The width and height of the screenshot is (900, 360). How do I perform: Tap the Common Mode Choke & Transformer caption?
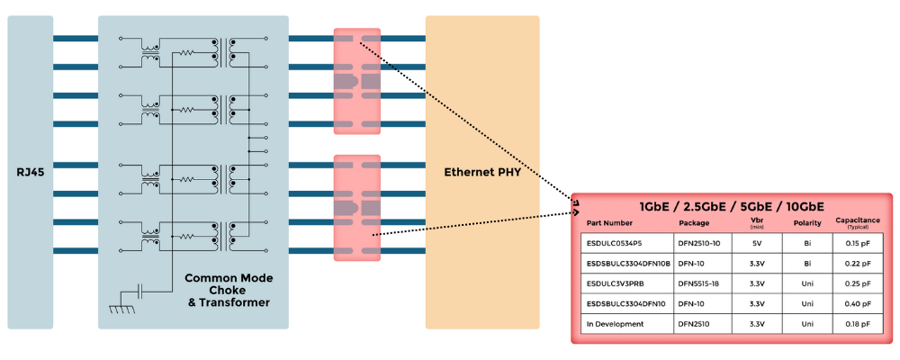click(x=228, y=290)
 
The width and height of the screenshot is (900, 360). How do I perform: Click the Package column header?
click(x=694, y=222)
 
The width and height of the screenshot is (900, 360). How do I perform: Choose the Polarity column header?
click(x=806, y=222)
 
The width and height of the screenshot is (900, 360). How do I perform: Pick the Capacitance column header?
click(x=857, y=221)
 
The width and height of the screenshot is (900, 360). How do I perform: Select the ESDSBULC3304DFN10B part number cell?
click(x=628, y=263)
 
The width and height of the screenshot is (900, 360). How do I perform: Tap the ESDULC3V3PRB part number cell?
click(x=617, y=283)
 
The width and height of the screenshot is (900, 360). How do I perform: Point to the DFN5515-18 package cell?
click(x=700, y=283)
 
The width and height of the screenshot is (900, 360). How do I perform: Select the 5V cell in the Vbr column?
click(x=757, y=243)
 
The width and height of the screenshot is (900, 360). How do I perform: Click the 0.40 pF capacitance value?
click(x=857, y=304)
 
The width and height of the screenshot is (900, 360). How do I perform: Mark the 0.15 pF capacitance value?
click(x=857, y=243)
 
